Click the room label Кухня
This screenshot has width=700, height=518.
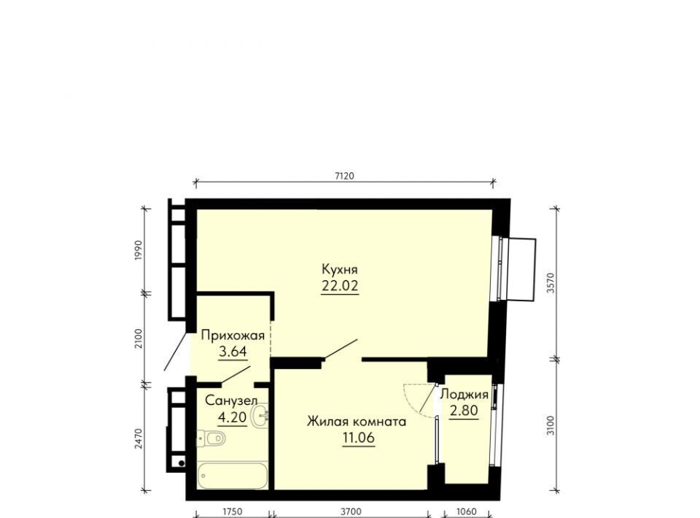(x=340, y=269)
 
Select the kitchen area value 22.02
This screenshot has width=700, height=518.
(x=340, y=286)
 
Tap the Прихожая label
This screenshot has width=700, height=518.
(x=233, y=335)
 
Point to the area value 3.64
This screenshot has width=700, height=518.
(x=233, y=352)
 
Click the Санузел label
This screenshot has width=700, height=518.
(x=231, y=401)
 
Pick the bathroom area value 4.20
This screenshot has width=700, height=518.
(x=232, y=417)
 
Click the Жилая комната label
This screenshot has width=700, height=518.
(x=357, y=422)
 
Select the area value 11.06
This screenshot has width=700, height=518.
(x=358, y=438)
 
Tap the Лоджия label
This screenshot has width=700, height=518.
(x=464, y=395)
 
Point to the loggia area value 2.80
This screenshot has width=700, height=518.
(x=464, y=410)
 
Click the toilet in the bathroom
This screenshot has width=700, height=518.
(x=211, y=438)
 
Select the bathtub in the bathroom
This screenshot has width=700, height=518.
(x=233, y=476)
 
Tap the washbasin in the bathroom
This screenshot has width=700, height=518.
(x=260, y=415)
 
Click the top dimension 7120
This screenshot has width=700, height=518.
(x=344, y=176)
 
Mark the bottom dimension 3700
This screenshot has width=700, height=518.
(x=351, y=511)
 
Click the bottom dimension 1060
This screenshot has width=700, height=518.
(x=467, y=511)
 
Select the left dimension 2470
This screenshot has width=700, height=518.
(x=139, y=439)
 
